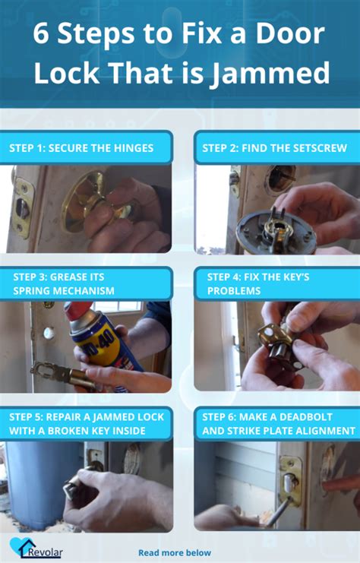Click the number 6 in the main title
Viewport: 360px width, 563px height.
[x=41, y=33]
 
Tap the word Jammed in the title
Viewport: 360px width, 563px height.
[x=270, y=73]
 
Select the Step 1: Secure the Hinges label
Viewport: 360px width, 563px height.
[x=81, y=148]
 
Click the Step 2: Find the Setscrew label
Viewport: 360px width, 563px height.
[x=275, y=148]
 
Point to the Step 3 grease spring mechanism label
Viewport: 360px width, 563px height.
[x=64, y=283]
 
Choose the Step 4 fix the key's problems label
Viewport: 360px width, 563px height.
[x=258, y=283]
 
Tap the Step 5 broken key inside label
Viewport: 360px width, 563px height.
[x=87, y=424]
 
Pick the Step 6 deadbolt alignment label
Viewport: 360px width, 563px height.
[x=279, y=424]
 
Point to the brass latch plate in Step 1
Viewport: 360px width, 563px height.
[x=22, y=207]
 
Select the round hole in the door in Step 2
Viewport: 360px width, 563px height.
[x=282, y=178]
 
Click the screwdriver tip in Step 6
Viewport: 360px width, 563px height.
[x=288, y=501]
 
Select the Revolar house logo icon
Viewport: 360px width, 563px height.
[x=22, y=546]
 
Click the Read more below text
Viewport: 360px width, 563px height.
[x=175, y=552]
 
